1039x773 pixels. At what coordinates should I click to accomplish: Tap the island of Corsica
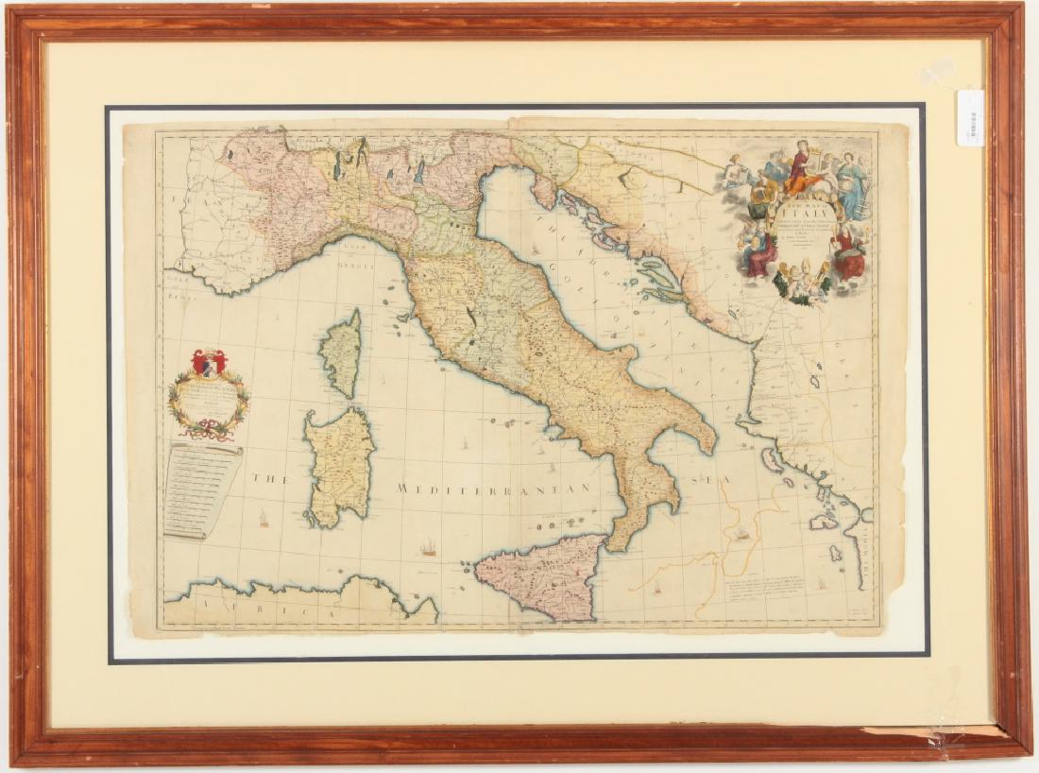(342, 353)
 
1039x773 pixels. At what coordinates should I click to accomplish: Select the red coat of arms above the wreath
(209, 362)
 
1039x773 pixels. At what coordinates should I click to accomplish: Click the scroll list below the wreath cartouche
(199, 490)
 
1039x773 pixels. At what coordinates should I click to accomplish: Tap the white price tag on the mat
(970, 117)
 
